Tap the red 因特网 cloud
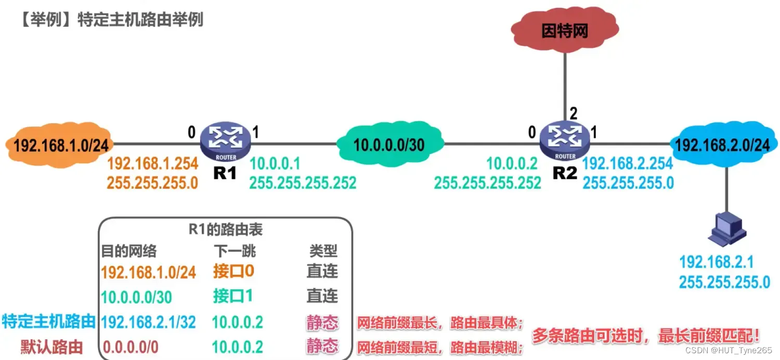coord(565,31)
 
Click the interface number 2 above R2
coord(573,113)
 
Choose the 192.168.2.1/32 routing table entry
coord(148,322)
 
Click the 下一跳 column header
coord(235,251)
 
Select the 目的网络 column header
coord(129,251)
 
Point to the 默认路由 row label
coord(51,346)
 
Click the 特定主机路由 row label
coord(49,322)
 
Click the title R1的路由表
coord(225,229)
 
